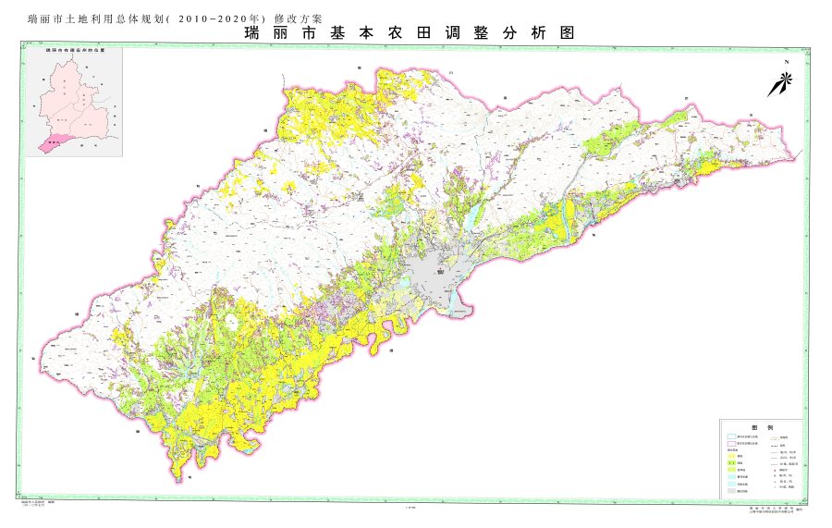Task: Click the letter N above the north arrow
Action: (x=784, y=63)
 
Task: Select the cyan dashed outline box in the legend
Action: (x=730, y=436)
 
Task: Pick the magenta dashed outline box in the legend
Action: (x=730, y=445)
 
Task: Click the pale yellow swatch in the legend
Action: (x=730, y=457)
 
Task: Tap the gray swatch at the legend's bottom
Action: (x=730, y=491)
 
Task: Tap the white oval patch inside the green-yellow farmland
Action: (x=228, y=324)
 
